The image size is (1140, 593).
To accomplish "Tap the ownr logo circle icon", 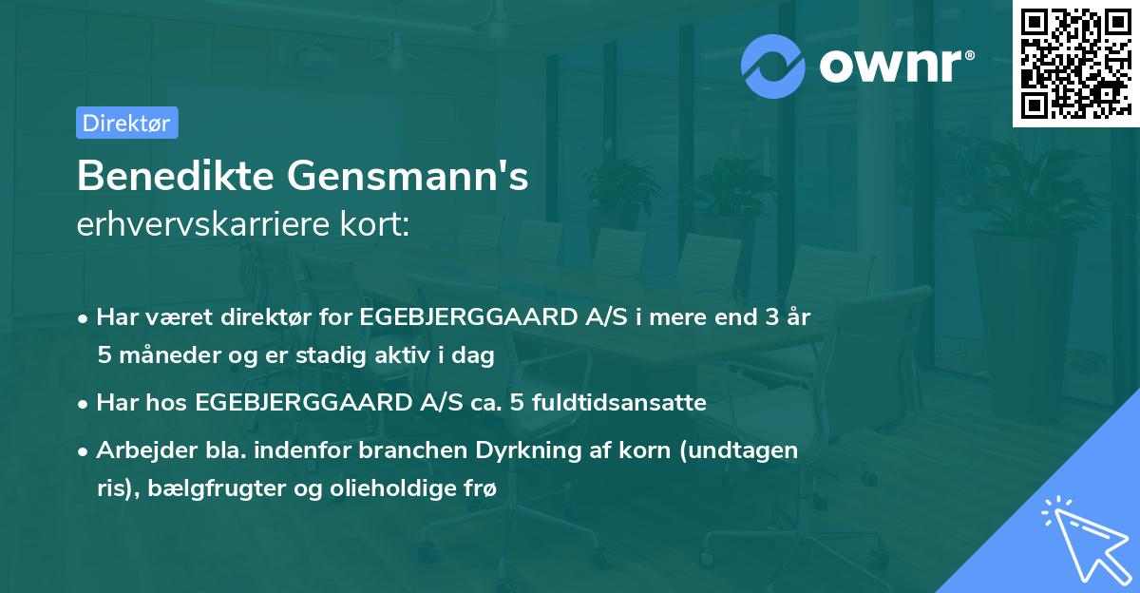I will [x=773, y=66].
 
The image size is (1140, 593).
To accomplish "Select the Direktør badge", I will [x=126, y=123].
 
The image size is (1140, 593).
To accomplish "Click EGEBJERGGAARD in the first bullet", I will [x=438, y=317].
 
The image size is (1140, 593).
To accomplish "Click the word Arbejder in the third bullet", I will [x=138, y=450].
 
